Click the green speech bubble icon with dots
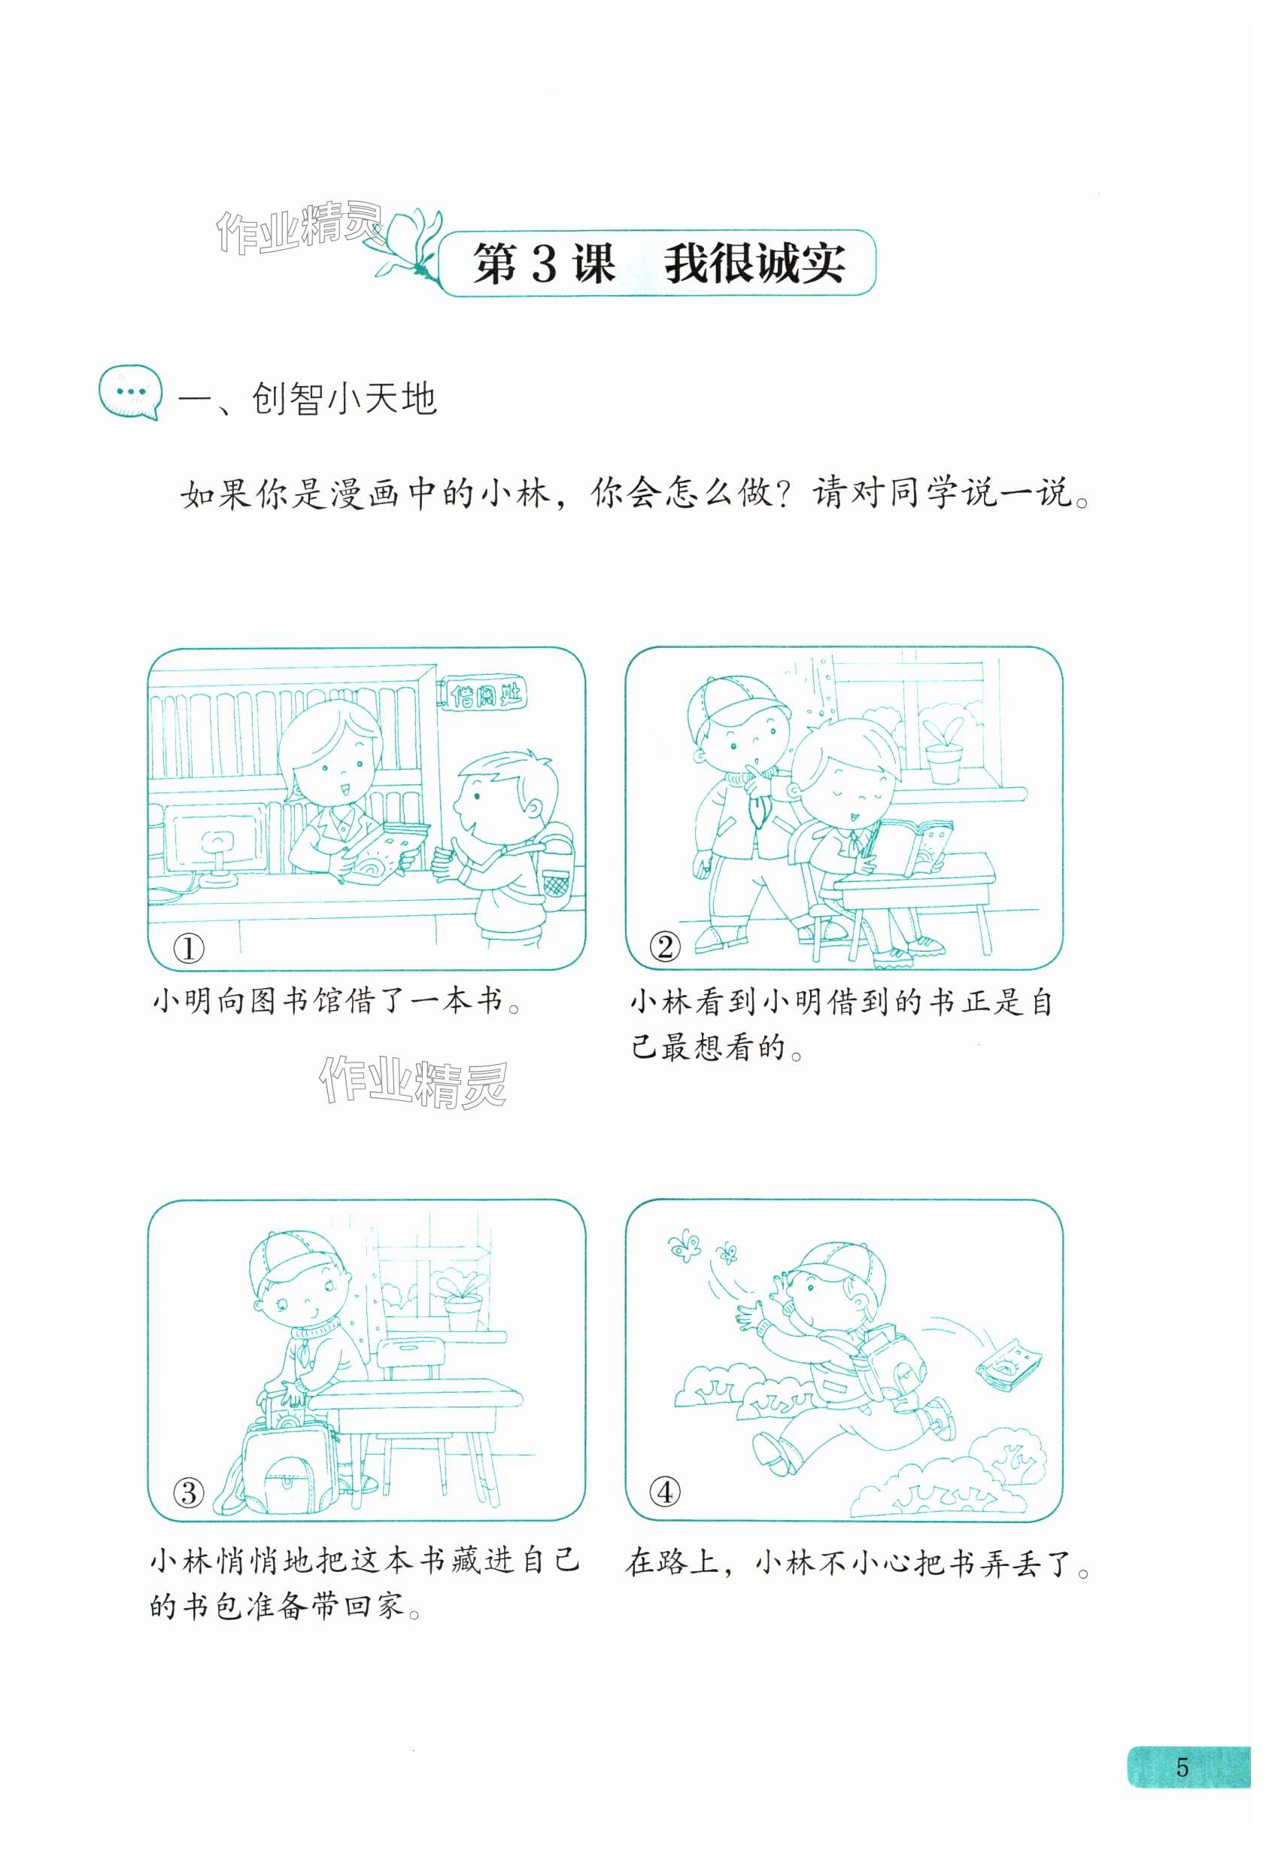click(x=130, y=391)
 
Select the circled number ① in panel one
click(x=189, y=949)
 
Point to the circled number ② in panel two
click(x=666, y=947)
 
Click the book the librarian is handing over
click(x=386, y=850)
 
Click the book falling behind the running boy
click(x=1009, y=1366)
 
